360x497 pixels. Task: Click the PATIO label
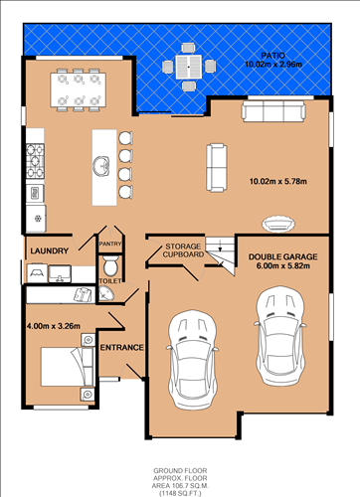pyautogui.click(x=273, y=55)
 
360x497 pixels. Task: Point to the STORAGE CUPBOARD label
pyautogui.click(x=185, y=249)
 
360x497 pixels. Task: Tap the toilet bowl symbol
pyautogui.click(x=110, y=265)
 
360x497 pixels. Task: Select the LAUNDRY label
pyautogui.click(x=47, y=250)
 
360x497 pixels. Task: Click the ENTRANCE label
pyautogui.click(x=122, y=347)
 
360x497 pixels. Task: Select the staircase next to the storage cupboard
pyautogui.click(x=227, y=250)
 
